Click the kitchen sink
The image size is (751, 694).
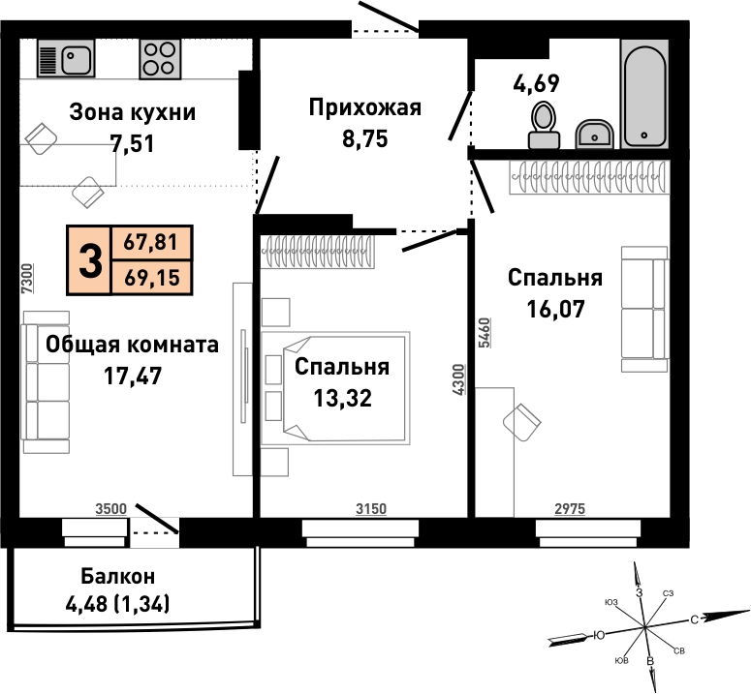(x=66, y=58)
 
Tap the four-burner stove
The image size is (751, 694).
(x=160, y=59)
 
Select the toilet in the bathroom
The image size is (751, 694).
(x=544, y=126)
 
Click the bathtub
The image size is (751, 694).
(x=644, y=94)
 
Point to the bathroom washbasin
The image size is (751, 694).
(x=594, y=134)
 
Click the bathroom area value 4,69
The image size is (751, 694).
(x=536, y=83)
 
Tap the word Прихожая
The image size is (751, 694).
(x=365, y=107)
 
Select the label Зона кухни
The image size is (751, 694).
(x=132, y=112)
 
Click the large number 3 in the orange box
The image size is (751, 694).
(x=90, y=260)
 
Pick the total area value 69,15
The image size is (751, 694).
(x=152, y=278)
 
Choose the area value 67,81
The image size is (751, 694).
(x=151, y=243)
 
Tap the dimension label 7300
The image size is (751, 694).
(x=28, y=279)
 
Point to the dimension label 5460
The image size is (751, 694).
(x=485, y=332)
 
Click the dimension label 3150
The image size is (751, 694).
(x=371, y=509)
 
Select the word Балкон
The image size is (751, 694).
(x=118, y=576)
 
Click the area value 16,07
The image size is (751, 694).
(x=555, y=309)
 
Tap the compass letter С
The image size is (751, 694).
(x=694, y=619)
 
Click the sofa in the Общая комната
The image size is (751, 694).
(x=46, y=381)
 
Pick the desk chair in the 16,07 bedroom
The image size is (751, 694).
(x=522, y=422)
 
